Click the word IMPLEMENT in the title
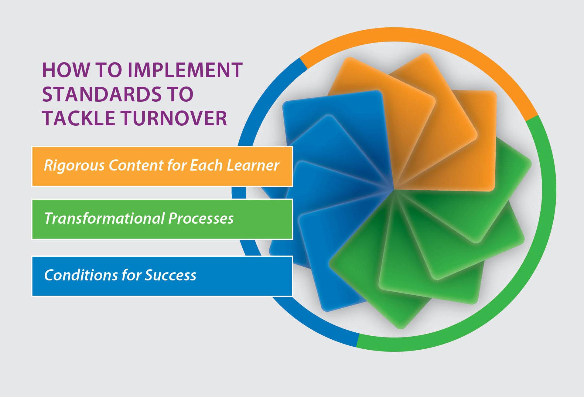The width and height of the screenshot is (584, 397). tap(185, 70)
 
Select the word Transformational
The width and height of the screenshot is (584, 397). tap(104, 218)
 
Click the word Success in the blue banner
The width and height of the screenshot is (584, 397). tap(170, 275)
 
